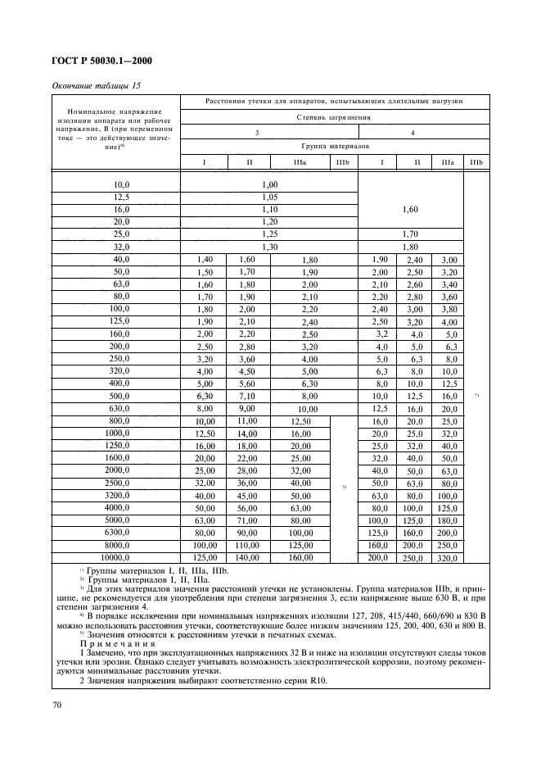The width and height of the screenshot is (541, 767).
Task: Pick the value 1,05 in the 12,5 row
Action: pyautogui.click(x=269, y=197)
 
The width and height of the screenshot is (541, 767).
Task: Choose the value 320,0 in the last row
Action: pyautogui.click(x=449, y=558)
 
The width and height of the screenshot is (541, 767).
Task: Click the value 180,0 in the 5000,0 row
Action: pyautogui.click(x=449, y=520)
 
